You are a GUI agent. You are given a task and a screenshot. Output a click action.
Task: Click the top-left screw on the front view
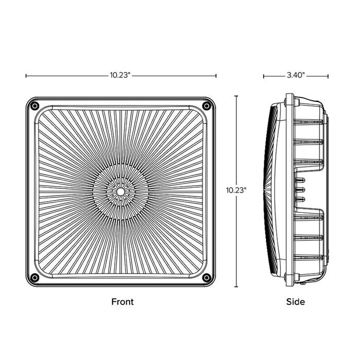(34, 105)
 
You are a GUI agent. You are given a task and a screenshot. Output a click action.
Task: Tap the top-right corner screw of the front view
(206, 105)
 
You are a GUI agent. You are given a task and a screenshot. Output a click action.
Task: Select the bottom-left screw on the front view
(34, 278)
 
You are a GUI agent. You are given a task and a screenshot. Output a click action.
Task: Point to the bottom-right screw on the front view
(206, 278)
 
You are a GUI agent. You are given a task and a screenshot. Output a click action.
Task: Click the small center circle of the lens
(120, 191)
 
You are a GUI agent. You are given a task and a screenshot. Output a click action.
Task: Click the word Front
(122, 302)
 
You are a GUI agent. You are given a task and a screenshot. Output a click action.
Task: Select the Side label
(295, 302)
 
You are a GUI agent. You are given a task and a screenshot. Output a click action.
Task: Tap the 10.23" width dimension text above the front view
(121, 76)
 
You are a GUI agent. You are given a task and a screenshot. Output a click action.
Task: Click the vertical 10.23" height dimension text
(237, 190)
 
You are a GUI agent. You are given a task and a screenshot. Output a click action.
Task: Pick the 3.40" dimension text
(296, 76)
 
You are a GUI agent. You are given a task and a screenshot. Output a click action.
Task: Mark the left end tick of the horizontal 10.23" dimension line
(26, 76)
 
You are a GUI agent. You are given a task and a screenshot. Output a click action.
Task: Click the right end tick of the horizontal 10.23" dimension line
(216, 76)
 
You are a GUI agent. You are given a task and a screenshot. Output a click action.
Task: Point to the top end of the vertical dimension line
(237, 96)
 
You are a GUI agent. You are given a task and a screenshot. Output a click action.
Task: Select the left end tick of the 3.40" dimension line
(264, 76)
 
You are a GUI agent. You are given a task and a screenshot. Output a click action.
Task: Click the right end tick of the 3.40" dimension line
(328, 76)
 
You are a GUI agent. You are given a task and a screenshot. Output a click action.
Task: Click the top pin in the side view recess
(302, 180)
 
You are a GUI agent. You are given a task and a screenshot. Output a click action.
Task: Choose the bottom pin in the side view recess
(302, 201)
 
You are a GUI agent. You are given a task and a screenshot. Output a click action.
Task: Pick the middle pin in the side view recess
(302, 191)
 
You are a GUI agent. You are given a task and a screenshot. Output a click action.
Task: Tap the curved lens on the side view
(268, 191)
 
